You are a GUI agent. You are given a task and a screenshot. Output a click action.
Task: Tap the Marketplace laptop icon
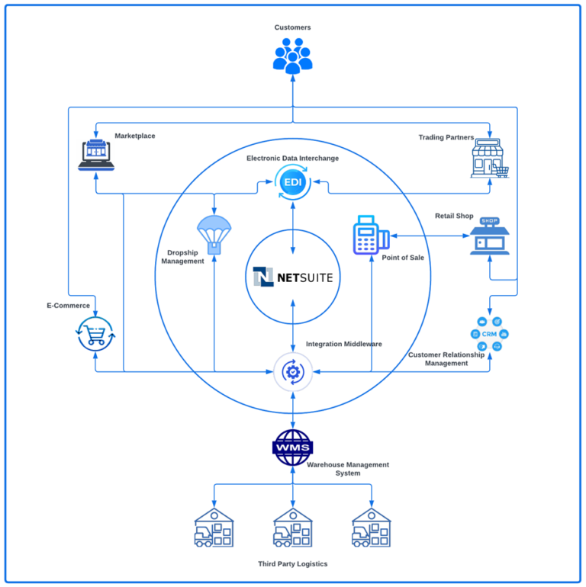click(x=96, y=155)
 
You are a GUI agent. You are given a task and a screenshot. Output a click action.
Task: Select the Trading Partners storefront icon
click(x=489, y=158)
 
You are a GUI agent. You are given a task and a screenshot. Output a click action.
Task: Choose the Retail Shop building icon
click(x=489, y=236)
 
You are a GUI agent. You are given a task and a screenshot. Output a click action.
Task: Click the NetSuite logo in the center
click(x=293, y=277)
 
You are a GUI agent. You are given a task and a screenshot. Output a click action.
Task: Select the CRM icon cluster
click(x=489, y=335)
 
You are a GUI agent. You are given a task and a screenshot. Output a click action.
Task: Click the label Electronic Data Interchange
click(x=292, y=159)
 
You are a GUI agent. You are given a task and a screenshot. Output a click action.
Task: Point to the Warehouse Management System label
click(x=347, y=469)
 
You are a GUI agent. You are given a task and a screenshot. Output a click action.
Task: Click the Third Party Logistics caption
click(x=293, y=564)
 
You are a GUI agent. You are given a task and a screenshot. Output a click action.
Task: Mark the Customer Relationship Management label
click(x=446, y=359)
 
